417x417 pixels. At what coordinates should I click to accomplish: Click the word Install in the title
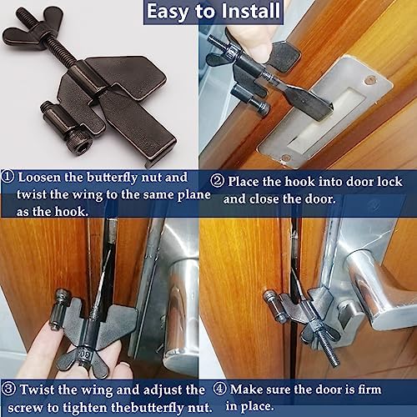pyautogui.click(x=250, y=12)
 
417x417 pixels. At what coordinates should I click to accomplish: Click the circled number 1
pyautogui.click(x=8, y=178)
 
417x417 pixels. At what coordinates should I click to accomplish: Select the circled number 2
pyautogui.click(x=217, y=181)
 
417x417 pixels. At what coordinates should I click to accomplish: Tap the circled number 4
pyautogui.click(x=219, y=389)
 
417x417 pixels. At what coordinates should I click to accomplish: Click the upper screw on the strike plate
pyautogui.click(x=370, y=81)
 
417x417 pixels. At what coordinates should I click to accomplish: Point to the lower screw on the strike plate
pyautogui.click(x=285, y=158)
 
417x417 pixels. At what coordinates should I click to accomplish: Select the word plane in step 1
pyautogui.click(x=194, y=195)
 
